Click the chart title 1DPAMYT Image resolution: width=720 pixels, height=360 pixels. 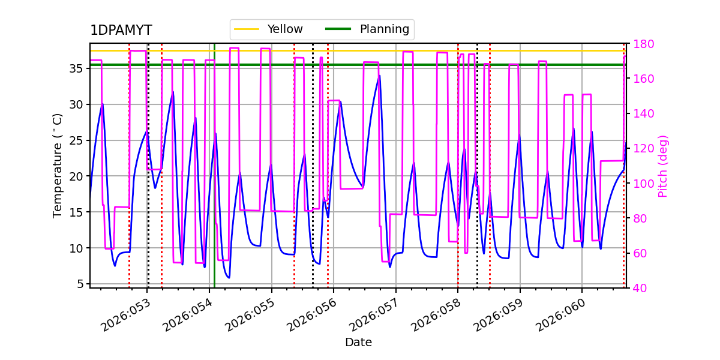point(121,31)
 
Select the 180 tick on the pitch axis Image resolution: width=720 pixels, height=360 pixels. point(643,44)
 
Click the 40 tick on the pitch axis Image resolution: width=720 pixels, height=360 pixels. point(639,288)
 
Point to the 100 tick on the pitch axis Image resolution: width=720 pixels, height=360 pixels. point(643,184)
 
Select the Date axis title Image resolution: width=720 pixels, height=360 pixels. point(358,343)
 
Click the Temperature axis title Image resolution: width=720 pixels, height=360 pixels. point(58,165)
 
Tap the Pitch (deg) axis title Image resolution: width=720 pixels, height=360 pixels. point(663,166)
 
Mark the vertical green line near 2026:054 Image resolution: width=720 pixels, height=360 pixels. point(214,180)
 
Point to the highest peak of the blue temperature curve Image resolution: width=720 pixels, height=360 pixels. point(379,76)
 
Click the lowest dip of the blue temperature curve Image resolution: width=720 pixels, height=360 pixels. point(229,277)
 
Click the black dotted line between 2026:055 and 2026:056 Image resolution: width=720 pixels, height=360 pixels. point(313,180)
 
